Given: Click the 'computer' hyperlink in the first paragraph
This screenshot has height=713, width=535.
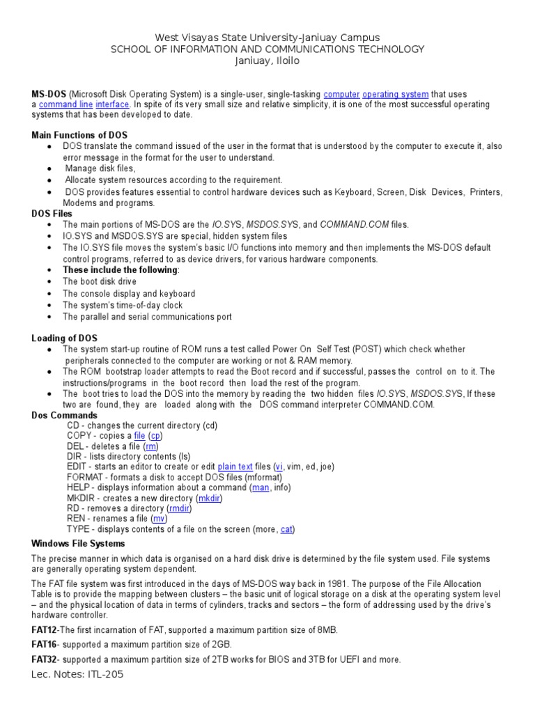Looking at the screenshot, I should [342, 94].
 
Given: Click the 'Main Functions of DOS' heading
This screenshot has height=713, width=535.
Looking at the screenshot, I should [79, 134].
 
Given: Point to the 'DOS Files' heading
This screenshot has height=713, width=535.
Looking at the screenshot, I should [52, 214].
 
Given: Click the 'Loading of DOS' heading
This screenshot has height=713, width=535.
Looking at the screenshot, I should [65, 338].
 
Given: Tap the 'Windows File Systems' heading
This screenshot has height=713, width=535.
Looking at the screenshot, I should [78, 543].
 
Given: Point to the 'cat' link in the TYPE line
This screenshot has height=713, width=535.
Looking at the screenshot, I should [286, 529].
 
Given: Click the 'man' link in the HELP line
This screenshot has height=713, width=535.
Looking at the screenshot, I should [258, 487].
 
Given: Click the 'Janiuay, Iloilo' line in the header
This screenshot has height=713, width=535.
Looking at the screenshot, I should [267, 61].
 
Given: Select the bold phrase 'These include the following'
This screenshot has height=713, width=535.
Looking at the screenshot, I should [120, 270].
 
